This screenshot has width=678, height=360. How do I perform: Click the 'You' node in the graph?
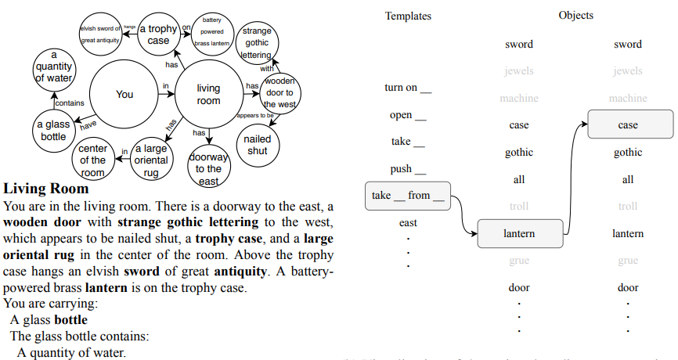point(124,94)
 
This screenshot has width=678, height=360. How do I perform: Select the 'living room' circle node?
point(209,95)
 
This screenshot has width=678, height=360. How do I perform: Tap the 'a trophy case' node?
point(158,34)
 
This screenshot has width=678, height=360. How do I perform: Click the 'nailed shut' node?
point(257,144)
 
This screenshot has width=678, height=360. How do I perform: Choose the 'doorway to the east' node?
point(208,167)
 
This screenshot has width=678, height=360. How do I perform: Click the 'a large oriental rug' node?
point(151,160)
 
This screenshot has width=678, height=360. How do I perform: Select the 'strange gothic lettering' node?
point(257,42)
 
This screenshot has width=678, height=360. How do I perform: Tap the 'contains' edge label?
point(70,103)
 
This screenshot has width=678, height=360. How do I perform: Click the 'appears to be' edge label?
point(254,116)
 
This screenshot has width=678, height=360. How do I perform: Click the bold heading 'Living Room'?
point(46,189)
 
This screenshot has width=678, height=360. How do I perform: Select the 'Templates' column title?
point(408,16)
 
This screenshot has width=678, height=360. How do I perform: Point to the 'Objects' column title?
point(575,15)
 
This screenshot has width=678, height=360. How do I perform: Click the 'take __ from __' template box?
point(408,196)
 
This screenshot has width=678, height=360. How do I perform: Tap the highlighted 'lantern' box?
point(518,233)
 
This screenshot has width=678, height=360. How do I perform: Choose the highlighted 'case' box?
point(628,125)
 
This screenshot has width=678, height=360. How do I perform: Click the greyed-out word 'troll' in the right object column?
point(628,207)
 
